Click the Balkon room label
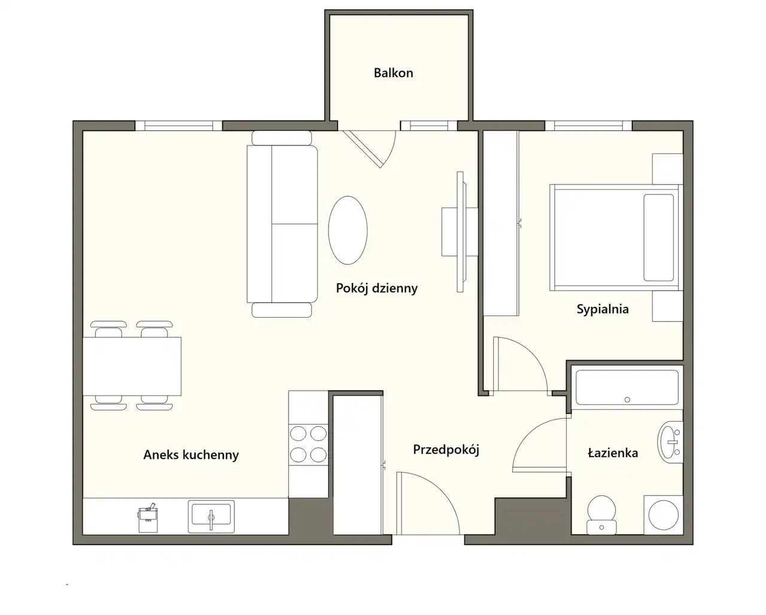coord(393,73)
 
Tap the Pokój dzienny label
coord(376,288)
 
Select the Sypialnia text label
coord(603,309)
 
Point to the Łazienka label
coord(613,453)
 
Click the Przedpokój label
coord(446,449)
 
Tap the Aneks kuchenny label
coord(191,455)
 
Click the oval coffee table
coord(348,230)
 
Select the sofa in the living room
coord(282,224)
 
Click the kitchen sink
coord(211,516)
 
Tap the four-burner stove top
coord(308,444)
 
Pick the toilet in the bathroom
coord(601,514)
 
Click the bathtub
coord(627,388)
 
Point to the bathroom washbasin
coord(670,442)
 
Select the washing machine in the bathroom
coord(664,514)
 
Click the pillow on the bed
coord(658,238)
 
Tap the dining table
coord(132,366)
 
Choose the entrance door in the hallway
coord(427,503)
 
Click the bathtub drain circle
coord(627,400)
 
